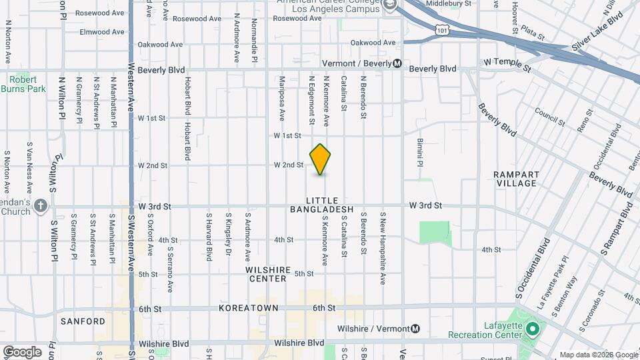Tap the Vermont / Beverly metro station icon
click(397, 63)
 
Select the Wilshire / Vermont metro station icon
click(416, 329)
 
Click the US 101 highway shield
click(443, 29)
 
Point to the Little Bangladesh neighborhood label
click(322, 205)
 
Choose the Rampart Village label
click(516, 179)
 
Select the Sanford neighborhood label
click(83, 321)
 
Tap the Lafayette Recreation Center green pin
click(532, 329)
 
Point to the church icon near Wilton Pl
click(41, 205)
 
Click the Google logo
click(21, 351)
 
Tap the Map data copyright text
click(597, 355)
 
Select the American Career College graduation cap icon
click(389, 4)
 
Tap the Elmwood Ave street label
click(102, 31)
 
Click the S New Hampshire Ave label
click(383, 248)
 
